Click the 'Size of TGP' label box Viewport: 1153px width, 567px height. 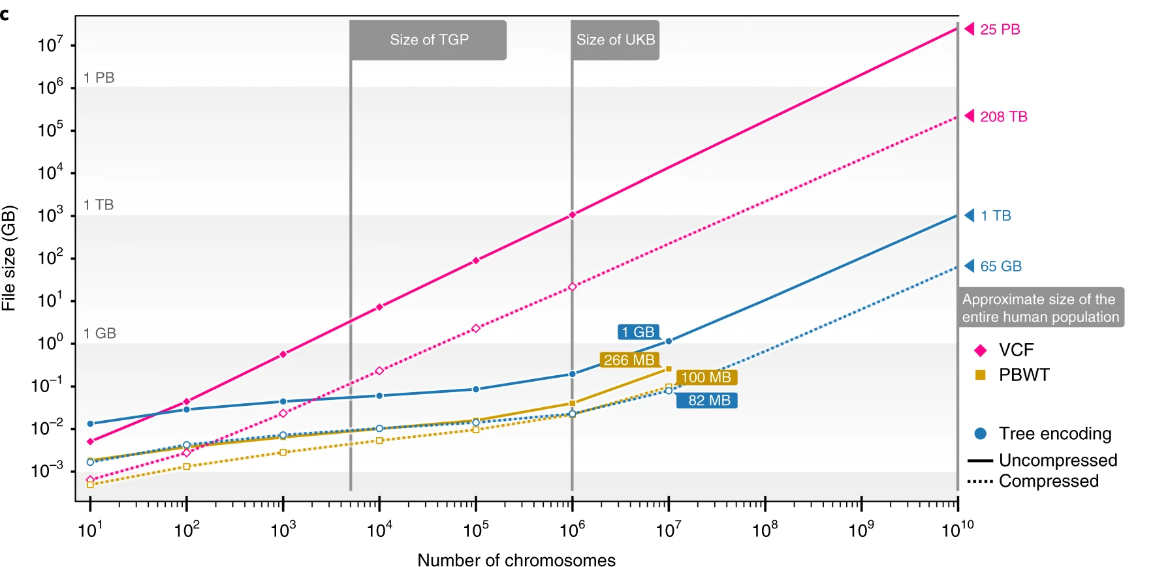pos(428,40)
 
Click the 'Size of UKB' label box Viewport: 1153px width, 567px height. pos(615,40)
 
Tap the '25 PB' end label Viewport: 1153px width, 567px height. pos(1000,29)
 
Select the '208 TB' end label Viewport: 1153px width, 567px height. pos(1003,117)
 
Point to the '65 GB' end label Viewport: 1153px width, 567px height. pos(1000,266)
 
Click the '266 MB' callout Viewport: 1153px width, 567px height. pos(629,360)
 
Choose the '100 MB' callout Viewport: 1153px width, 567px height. pos(706,378)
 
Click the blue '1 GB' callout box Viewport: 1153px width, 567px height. pos(637,332)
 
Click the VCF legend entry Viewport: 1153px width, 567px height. pos(1015,350)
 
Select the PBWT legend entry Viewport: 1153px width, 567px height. pos(1023,375)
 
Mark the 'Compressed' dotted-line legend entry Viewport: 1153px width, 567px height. pos(1048,482)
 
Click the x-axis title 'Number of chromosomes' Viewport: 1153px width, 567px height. pos(516,560)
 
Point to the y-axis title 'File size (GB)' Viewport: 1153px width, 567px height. pos(8,258)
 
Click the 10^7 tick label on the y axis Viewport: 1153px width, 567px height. pos(50,45)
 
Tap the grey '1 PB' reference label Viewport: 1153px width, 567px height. pos(99,78)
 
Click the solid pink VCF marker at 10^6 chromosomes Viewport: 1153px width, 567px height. pos(572,215)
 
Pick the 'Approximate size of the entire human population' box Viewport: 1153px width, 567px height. pos(1040,308)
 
